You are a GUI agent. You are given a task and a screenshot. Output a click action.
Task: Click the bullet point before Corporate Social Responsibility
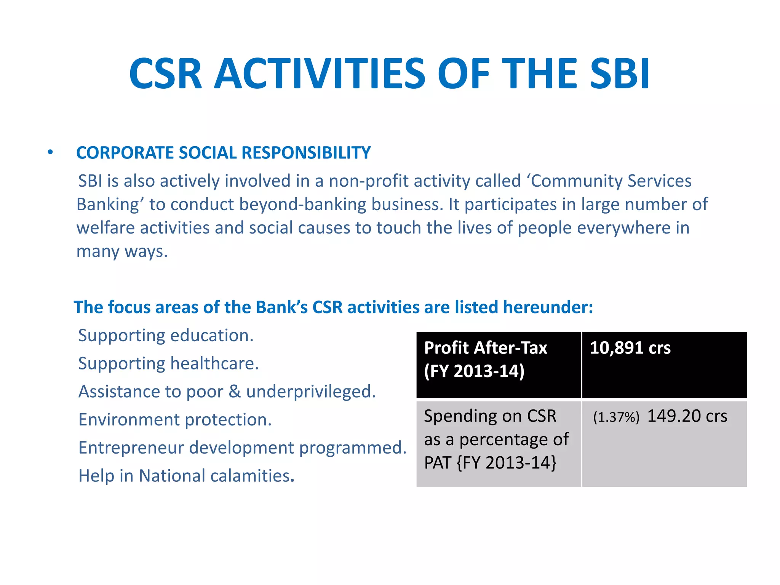tap(50, 153)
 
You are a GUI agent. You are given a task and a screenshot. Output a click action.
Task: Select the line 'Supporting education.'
tap(166, 336)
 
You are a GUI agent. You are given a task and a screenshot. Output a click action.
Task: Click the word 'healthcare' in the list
tap(214, 363)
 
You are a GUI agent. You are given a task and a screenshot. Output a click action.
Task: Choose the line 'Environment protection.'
tap(175, 420)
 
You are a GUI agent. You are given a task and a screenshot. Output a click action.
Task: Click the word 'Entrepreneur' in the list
tap(131, 448)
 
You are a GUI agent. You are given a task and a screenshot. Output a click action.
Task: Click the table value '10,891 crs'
tap(630, 348)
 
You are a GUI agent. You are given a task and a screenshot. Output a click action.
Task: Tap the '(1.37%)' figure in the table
tap(616, 417)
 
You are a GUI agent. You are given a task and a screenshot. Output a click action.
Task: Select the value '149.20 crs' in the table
tap(687, 416)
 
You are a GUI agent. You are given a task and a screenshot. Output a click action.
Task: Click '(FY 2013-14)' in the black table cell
tap(474, 371)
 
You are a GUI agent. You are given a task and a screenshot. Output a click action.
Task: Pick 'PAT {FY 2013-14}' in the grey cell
tap(490, 463)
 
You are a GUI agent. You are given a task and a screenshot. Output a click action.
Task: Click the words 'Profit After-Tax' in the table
tap(486, 348)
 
